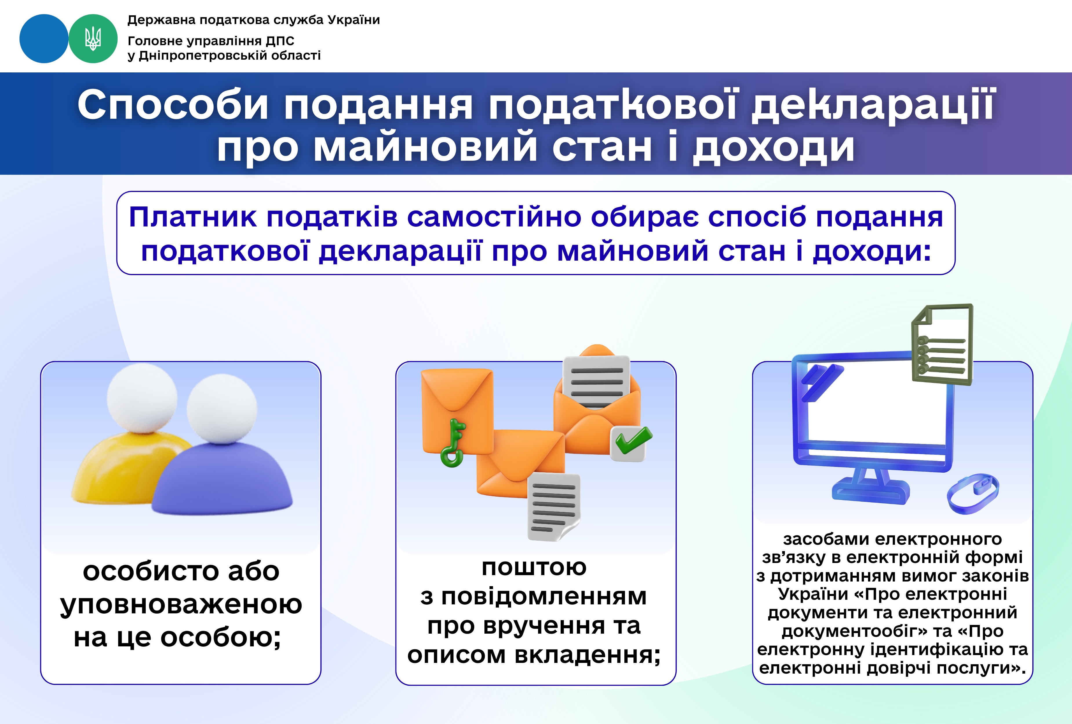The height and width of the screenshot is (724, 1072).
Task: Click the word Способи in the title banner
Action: point(173,105)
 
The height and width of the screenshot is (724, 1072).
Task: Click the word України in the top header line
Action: point(353,20)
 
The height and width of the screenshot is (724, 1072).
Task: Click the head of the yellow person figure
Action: point(142,398)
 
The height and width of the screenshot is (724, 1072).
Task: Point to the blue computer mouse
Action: point(973,493)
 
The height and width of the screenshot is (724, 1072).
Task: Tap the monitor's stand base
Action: point(871,491)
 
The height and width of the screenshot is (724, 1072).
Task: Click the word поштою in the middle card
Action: point(534,567)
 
